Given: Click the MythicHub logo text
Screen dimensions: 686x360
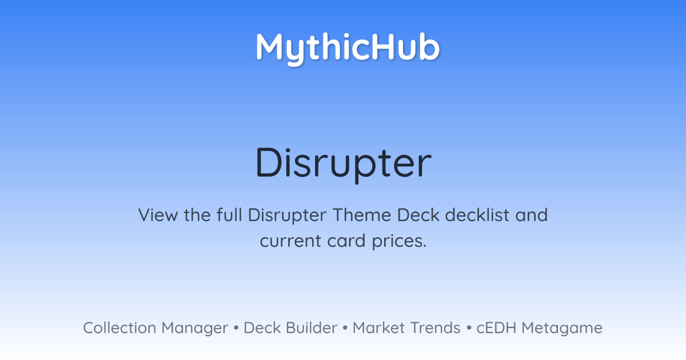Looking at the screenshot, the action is (x=348, y=49).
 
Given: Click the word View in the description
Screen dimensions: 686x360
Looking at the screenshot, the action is (x=158, y=215).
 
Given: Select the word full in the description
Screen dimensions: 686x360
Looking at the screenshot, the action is (x=229, y=215).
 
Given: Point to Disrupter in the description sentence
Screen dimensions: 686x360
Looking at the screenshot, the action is (x=287, y=215).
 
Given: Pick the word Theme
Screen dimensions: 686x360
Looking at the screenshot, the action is (x=362, y=215).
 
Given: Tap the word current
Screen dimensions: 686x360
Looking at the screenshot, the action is (x=290, y=241).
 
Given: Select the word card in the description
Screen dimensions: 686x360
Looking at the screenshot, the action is (x=346, y=241).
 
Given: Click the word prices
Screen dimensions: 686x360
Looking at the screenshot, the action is (x=400, y=241).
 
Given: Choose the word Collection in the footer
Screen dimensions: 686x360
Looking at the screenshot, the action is (x=119, y=328).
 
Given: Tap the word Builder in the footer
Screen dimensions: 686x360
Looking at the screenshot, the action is (x=312, y=328).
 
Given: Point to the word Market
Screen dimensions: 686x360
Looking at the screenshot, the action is (x=378, y=328).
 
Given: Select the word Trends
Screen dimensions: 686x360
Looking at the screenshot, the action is (x=435, y=328).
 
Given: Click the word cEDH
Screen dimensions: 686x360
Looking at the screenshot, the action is (x=496, y=328).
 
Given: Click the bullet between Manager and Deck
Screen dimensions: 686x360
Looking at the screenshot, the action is (x=236, y=328).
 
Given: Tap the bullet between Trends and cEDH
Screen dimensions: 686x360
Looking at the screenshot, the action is (x=469, y=328).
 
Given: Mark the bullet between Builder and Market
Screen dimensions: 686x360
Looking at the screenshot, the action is (x=345, y=328).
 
